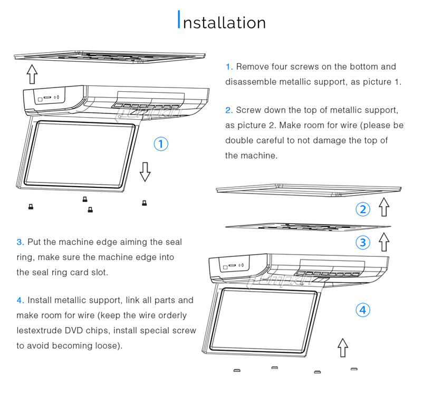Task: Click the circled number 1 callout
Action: tap(161, 144)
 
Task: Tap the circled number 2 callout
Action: tap(362, 209)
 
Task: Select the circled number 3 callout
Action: tap(362, 242)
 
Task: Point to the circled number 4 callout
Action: tap(362, 310)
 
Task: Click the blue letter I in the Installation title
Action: tap(179, 21)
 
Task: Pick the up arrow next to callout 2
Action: tap(384, 207)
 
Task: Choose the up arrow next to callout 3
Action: tap(384, 242)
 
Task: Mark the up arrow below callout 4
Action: tap(343, 348)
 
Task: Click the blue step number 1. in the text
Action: tap(229, 67)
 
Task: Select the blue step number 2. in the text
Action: tap(229, 110)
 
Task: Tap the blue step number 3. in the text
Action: tap(20, 242)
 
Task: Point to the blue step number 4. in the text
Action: tap(20, 300)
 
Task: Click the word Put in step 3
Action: tap(34, 242)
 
